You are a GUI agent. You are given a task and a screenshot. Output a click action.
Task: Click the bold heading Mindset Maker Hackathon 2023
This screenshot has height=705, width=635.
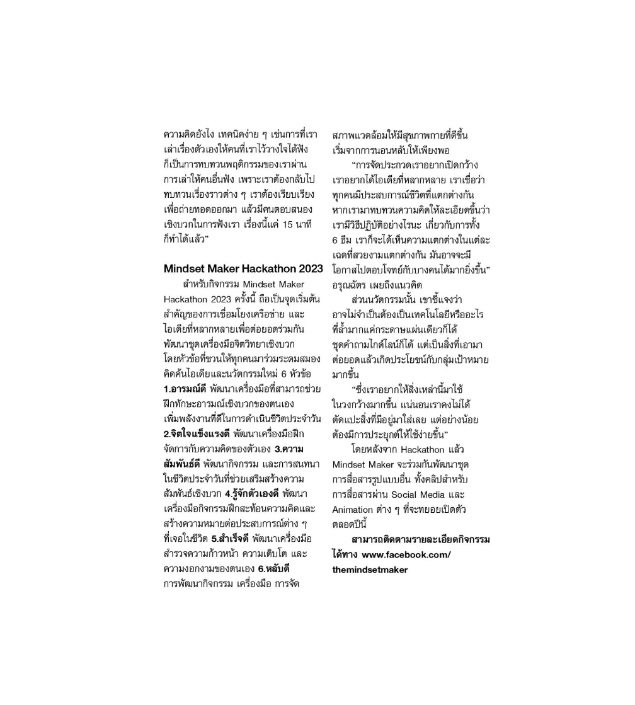click(x=243, y=268)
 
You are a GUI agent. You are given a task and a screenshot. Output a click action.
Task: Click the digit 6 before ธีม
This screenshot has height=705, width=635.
click(x=336, y=240)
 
